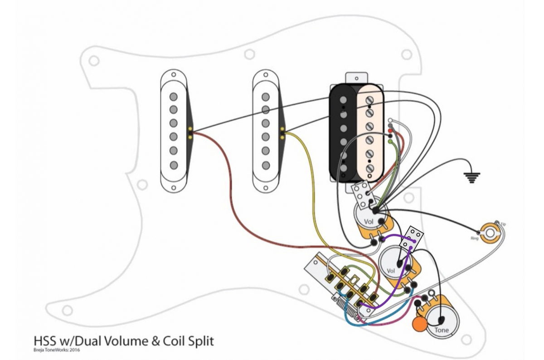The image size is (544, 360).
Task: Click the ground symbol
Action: [x=472, y=177]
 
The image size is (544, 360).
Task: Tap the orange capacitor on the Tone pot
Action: [x=420, y=324]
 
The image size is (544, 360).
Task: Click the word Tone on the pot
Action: [x=442, y=330]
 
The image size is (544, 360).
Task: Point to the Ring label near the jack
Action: [x=475, y=238]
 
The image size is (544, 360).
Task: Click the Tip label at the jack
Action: [x=503, y=224]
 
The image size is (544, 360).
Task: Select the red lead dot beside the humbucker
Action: [x=390, y=131]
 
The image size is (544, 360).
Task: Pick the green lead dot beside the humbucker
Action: [x=390, y=142]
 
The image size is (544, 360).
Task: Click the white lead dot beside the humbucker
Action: [x=390, y=121]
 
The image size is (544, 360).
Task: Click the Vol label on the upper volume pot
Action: [x=369, y=222]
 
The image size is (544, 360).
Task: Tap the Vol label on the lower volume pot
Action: [x=391, y=271]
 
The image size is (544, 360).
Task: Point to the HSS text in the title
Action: [x=44, y=341]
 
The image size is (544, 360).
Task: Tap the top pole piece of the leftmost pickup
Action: [x=173, y=97]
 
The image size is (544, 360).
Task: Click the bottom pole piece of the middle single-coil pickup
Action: [x=265, y=164]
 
